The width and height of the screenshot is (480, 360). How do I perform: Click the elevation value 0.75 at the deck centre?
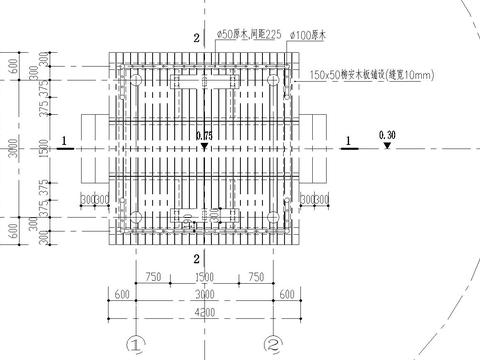click(x=205, y=135)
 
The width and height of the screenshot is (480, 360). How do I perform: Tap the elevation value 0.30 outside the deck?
click(x=387, y=134)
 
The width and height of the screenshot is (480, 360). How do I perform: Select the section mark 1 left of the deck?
click(x=62, y=140)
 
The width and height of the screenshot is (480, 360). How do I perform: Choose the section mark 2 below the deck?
click(x=197, y=259)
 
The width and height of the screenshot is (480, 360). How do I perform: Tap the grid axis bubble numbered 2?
click(x=271, y=345)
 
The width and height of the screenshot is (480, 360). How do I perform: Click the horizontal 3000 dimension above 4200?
click(x=204, y=294)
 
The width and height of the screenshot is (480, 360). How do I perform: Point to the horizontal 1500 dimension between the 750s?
click(x=204, y=277)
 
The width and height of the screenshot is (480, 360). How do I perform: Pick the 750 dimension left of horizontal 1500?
click(x=154, y=277)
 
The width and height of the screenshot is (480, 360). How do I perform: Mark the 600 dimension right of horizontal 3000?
click(x=288, y=294)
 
